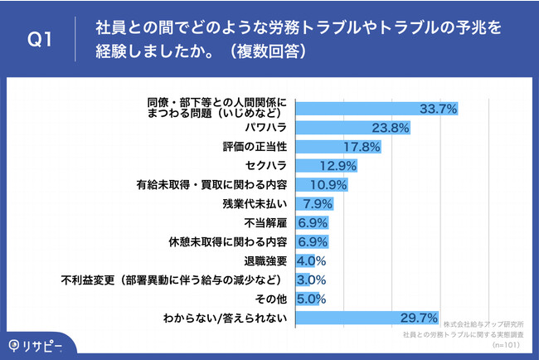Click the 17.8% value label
coord(362,147)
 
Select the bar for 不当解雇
coord(313,223)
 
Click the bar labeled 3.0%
coord(303,280)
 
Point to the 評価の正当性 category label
coord(255,147)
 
